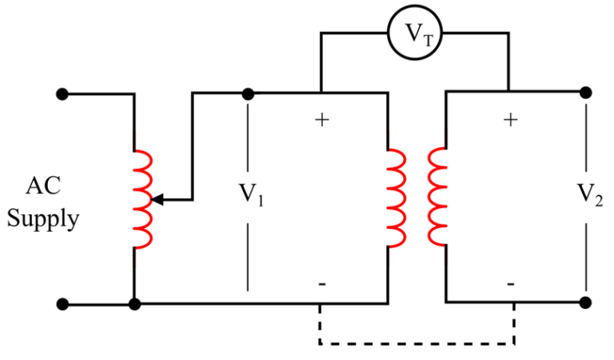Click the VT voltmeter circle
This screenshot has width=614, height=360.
point(414,33)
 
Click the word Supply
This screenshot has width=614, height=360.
point(43,218)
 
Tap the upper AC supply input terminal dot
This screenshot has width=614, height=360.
point(66,94)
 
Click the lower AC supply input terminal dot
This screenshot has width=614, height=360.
point(66,304)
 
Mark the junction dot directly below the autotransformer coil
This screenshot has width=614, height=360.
point(134,304)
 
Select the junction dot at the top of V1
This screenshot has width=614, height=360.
point(248,94)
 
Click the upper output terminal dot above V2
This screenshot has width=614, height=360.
point(587,93)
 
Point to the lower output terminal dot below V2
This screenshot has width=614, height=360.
point(587,303)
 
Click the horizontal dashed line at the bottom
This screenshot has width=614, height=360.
point(416,343)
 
